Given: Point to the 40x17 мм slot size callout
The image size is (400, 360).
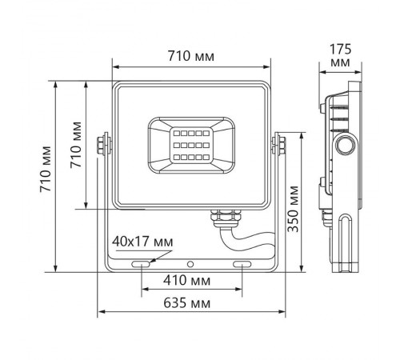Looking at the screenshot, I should point(142,241).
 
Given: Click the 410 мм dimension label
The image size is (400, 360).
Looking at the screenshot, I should point(190,282).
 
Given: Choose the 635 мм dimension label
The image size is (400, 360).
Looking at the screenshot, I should point(190,303).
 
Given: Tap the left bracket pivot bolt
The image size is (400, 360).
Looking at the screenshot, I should point(102,144).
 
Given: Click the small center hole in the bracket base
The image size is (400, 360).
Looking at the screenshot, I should point(190,263).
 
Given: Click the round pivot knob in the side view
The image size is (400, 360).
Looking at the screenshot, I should point(346,145).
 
